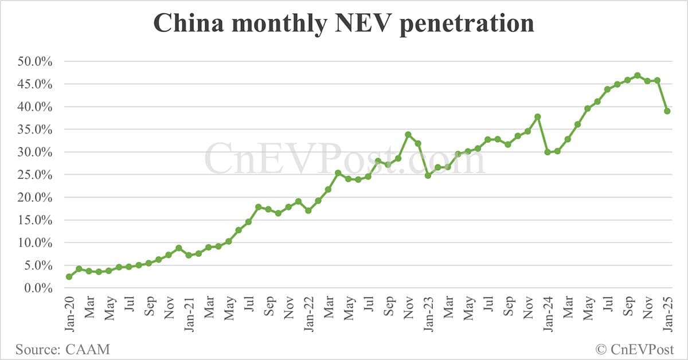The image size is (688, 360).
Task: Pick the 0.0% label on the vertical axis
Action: click(x=40, y=288)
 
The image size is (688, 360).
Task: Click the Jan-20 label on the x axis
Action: click(x=70, y=312)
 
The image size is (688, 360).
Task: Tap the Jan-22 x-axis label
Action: click(x=309, y=312)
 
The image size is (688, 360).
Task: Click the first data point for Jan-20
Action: click(x=69, y=277)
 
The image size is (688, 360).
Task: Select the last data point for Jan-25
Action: click(x=667, y=111)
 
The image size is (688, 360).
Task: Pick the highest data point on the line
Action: click(x=638, y=76)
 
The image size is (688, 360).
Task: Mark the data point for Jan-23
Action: click(x=428, y=175)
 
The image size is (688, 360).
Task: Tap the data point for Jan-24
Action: click(x=548, y=152)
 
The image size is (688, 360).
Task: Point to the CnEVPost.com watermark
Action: click(x=344, y=159)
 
